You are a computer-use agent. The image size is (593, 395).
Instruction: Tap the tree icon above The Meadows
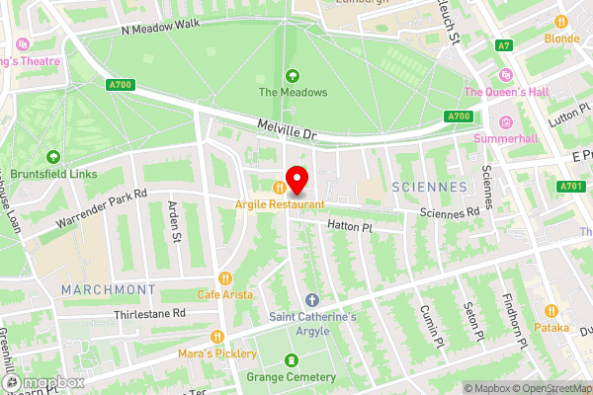click(293, 76)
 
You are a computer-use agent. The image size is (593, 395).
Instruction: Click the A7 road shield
click(505, 44)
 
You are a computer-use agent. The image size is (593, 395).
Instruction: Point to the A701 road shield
click(569, 186)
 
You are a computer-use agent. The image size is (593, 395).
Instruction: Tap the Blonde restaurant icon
click(562, 22)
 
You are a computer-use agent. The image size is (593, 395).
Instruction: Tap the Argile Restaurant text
click(280, 204)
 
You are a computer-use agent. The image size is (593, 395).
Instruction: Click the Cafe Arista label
click(224, 294)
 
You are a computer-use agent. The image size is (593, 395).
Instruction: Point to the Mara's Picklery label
click(216, 353)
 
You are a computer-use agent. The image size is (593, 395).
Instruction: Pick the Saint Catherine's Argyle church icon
click(312, 299)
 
